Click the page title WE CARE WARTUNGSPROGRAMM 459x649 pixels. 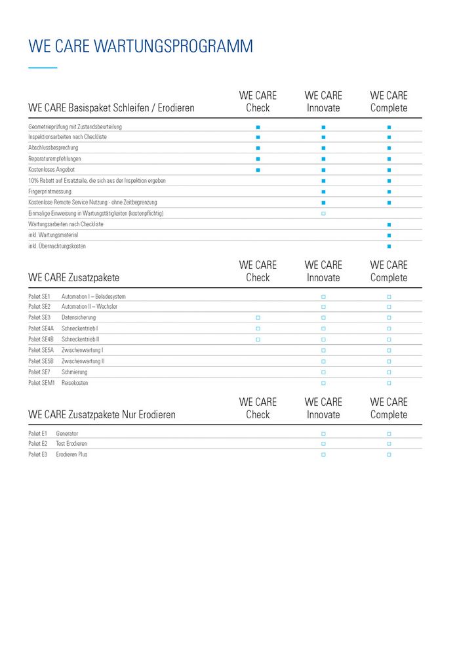click(x=140, y=47)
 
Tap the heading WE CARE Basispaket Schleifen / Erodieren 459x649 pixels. click(x=111, y=108)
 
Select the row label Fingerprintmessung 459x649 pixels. click(x=50, y=191)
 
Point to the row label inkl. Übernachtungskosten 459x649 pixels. click(x=57, y=246)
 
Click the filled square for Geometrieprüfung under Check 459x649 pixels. click(x=258, y=127)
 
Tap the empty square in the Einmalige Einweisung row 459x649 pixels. click(x=323, y=214)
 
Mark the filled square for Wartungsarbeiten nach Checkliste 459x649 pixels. click(x=389, y=224)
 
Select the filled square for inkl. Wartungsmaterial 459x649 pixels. click(x=389, y=235)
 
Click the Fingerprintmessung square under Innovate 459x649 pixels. click(x=323, y=191)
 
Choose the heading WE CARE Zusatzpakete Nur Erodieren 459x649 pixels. click(x=102, y=415)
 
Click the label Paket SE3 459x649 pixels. click(x=39, y=318)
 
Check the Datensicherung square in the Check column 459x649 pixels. click(x=258, y=318)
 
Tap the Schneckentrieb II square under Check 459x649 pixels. click(x=258, y=340)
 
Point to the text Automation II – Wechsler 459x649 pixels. click(x=89, y=307)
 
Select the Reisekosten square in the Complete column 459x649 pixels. click(x=389, y=383)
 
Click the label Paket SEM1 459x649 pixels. click(x=41, y=383)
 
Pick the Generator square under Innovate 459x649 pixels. click(x=323, y=433)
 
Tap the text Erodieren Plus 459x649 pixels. click(x=71, y=454)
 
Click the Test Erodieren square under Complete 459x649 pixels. click(x=389, y=444)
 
